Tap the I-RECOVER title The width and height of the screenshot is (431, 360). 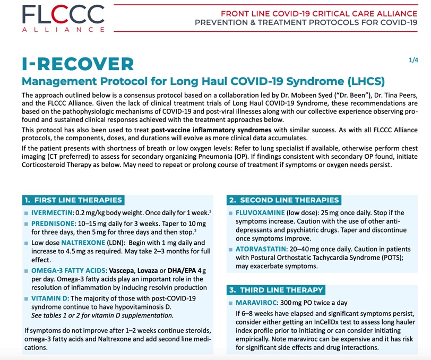tap(78, 64)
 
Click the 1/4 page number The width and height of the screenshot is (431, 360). tap(413, 61)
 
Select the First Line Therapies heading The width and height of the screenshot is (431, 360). tap(74, 200)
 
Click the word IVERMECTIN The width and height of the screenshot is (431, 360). tap(53, 212)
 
